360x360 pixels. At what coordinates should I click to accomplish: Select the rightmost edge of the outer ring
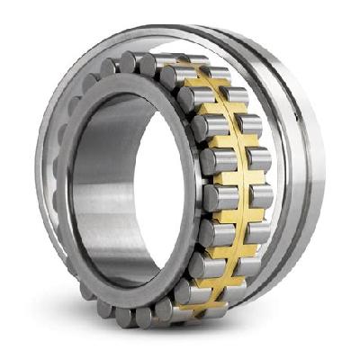click(x=329, y=180)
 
